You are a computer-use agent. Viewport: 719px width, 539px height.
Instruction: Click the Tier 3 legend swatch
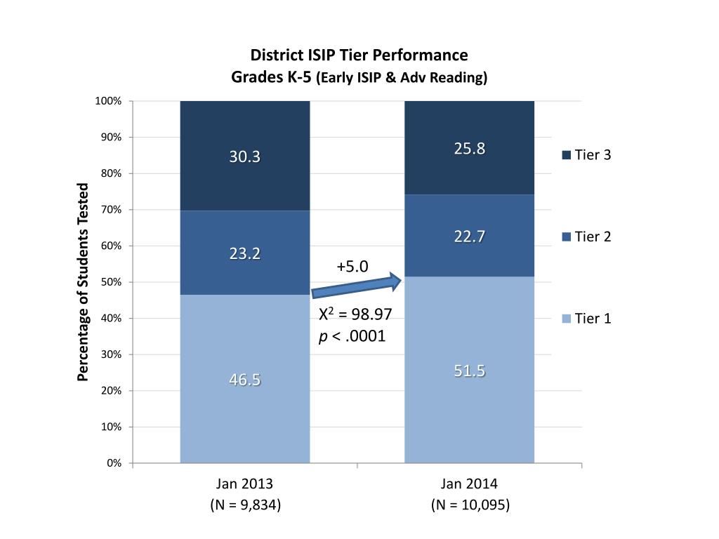coord(566,155)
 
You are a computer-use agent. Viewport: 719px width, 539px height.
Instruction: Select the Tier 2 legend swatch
coord(566,237)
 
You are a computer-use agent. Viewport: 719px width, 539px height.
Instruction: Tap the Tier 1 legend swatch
coord(566,319)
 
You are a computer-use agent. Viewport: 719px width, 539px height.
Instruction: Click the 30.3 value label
coord(244,157)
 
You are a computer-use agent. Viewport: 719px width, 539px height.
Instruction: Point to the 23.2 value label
coord(244,253)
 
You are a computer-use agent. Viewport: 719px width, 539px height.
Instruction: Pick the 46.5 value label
coord(244,380)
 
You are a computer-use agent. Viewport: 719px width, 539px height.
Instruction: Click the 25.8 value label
coord(469,149)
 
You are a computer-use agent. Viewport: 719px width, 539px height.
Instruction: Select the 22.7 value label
coord(469,237)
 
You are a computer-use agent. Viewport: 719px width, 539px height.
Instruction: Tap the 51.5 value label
coord(469,371)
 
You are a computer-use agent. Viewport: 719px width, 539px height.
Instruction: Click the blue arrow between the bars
coord(356,286)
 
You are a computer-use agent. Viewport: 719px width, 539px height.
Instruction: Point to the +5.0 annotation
coord(352,267)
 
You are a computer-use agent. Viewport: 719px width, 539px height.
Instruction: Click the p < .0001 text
coord(352,336)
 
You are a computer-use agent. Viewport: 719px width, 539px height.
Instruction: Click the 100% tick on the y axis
coord(109,101)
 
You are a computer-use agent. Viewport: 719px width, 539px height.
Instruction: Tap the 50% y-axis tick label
coord(111,282)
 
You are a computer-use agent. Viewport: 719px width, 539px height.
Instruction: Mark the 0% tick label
coord(114,463)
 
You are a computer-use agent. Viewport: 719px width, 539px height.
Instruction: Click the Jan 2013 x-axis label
coord(244,484)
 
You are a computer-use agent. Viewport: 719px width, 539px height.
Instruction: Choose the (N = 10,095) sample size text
coord(470,505)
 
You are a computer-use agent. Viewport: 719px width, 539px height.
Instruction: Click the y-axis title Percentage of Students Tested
coord(84,282)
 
